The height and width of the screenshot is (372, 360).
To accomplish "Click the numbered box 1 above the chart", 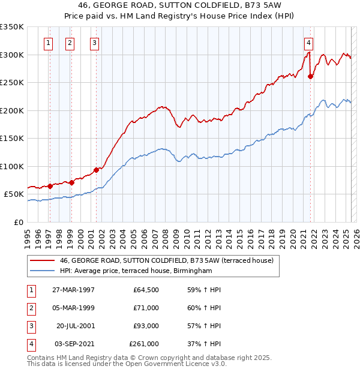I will point(48,43).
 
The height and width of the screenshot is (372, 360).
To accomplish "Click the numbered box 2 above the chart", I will point(70,43).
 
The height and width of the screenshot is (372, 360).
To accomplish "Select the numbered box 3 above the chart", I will point(95,43).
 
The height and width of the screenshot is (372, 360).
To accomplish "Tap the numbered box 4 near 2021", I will point(308,43).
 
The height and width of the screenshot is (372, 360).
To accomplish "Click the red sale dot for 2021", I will point(311,76).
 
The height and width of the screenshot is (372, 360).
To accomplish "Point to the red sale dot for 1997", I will point(50,186).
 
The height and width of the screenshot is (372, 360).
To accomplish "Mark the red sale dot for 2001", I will point(97,170).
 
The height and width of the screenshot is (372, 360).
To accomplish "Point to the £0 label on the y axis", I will point(18,222).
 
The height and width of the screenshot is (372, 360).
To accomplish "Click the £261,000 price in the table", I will point(144,344).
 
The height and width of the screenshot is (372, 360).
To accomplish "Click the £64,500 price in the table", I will point(146,290).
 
